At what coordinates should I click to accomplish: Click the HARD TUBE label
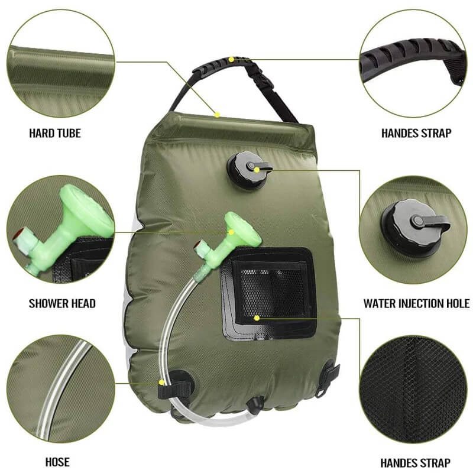point(54,133)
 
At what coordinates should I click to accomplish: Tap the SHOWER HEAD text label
point(62,304)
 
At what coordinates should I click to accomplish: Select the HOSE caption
point(57,462)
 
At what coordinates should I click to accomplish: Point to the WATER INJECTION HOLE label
point(416,304)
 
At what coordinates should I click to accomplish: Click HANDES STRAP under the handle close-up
point(416,133)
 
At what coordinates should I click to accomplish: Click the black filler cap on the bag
point(245,170)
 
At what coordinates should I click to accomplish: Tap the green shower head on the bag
point(239,231)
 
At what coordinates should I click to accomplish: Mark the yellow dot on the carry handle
point(232,59)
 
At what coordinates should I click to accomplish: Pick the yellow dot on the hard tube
point(218,115)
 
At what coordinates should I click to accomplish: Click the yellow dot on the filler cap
point(258,169)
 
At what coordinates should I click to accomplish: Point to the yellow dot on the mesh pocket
point(257,318)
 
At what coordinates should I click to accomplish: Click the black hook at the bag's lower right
point(327,378)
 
